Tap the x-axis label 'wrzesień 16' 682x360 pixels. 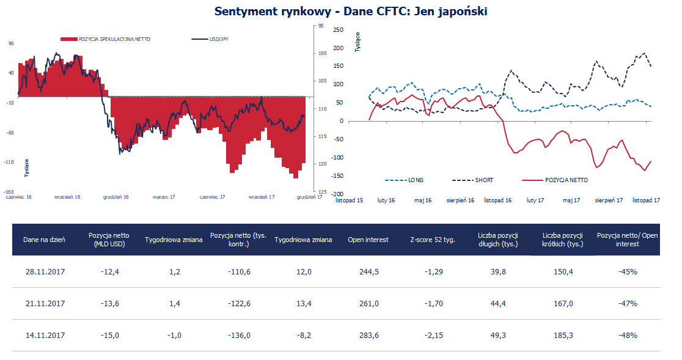click(67, 197)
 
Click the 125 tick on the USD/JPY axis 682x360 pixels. click(321, 191)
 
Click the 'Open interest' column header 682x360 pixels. click(368, 240)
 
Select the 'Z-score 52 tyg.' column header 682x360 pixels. click(433, 240)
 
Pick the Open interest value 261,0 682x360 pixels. click(368, 303)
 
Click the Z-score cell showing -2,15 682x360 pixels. click(433, 335)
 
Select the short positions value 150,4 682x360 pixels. click(562, 271)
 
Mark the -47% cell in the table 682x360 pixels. click(627, 303)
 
